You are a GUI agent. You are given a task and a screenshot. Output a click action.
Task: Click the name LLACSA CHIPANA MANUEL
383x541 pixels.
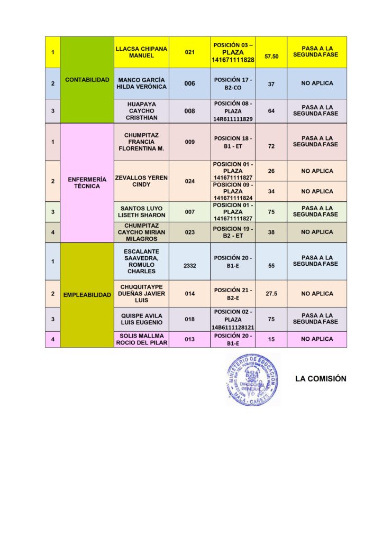point(141,52)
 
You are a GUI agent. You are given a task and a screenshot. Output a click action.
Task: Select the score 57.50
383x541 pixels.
point(271,56)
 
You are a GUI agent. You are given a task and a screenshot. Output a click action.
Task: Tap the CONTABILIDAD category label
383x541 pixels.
point(87,80)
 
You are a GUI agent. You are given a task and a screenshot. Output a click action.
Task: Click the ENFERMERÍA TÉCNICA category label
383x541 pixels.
point(87,183)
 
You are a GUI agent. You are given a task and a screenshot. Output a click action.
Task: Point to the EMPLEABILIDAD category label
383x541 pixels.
point(87,295)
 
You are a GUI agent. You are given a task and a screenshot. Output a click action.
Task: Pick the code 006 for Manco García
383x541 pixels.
point(189,83)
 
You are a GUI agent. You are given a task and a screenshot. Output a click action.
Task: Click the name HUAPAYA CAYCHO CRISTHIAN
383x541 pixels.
point(141,111)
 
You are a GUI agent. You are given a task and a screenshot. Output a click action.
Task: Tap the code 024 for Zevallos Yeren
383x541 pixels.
point(189,181)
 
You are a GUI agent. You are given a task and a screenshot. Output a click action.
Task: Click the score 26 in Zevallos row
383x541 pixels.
point(271,171)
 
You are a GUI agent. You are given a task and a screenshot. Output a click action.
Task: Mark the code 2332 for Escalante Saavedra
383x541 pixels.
point(189,266)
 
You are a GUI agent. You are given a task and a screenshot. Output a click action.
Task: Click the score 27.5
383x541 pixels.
point(271,294)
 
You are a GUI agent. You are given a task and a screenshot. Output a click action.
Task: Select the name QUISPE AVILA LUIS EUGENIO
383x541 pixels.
point(141,319)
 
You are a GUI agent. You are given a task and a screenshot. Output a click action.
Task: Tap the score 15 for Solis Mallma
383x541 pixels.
point(271,339)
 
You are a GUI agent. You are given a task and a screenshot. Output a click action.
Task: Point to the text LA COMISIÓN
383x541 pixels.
point(321,379)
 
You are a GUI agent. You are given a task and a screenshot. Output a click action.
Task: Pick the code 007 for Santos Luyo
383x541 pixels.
point(189,212)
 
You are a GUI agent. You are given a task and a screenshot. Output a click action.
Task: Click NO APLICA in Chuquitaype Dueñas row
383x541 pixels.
point(317,294)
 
